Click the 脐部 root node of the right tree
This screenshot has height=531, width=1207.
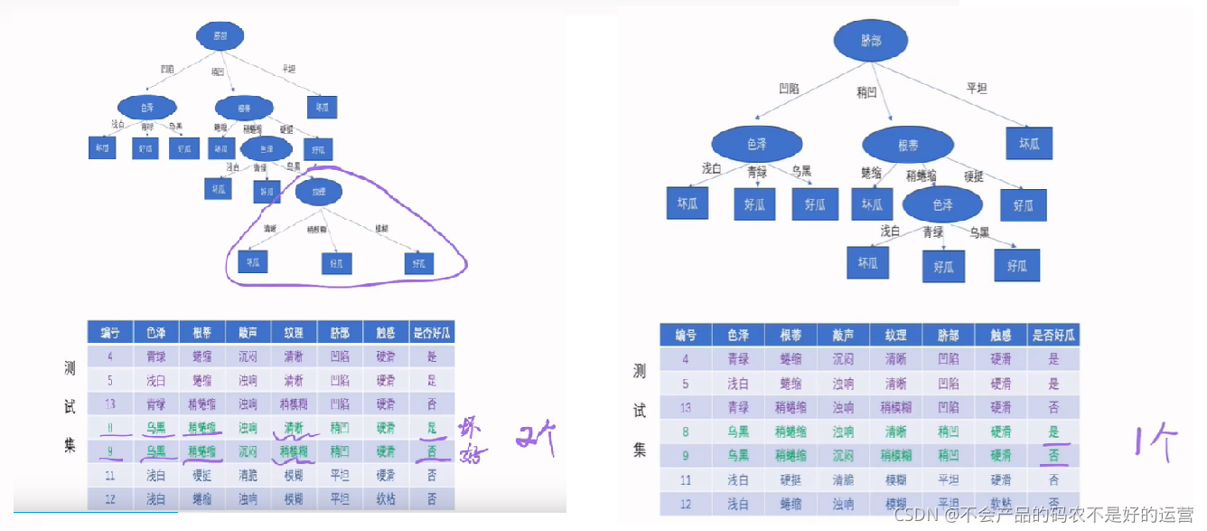tap(871, 43)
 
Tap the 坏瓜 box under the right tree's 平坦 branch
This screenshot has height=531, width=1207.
tap(1030, 144)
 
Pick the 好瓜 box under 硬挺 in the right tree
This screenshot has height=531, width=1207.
tap(1024, 205)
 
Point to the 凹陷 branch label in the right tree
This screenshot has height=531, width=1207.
tap(790, 89)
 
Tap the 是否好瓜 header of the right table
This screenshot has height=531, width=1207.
tap(1053, 335)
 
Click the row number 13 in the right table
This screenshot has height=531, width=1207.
tap(686, 407)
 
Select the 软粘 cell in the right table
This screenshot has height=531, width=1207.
tap(1001, 505)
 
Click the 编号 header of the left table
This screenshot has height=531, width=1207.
tap(110, 332)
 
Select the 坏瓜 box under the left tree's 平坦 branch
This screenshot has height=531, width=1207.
tap(322, 106)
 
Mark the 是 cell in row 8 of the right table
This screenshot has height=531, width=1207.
tap(1053, 431)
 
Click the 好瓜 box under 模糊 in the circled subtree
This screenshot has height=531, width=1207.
tap(418, 263)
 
